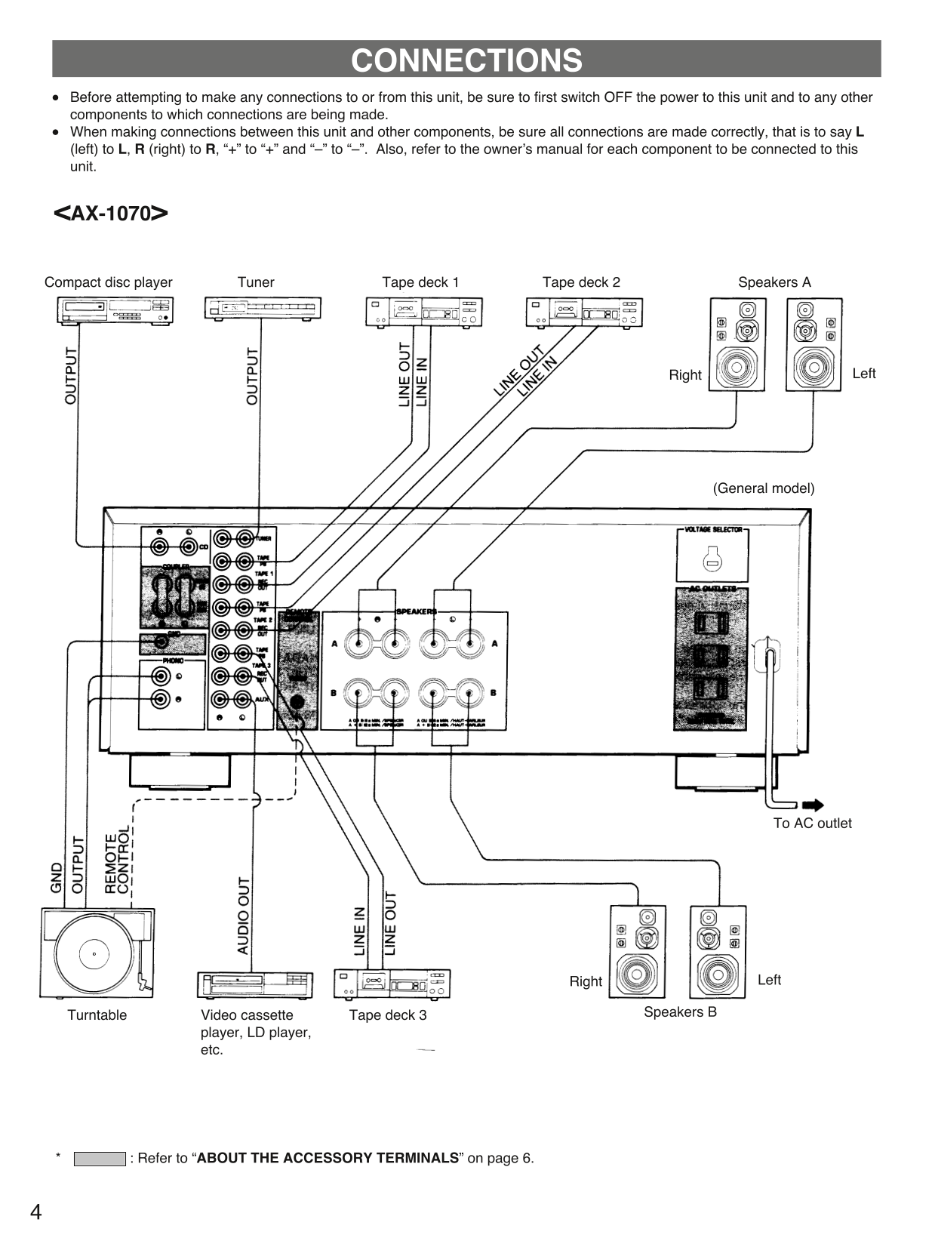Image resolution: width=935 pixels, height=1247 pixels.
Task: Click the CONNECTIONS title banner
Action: coord(466,60)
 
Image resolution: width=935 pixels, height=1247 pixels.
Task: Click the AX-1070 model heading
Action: coord(111,214)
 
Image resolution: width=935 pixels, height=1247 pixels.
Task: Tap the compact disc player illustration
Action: coord(115,310)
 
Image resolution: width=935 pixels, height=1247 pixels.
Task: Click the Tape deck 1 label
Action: coord(420,282)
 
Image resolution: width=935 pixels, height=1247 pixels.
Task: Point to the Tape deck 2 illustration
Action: coord(583,312)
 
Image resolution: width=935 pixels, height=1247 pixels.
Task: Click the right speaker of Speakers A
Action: coord(737,344)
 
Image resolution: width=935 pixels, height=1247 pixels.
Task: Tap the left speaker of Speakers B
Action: coord(717,952)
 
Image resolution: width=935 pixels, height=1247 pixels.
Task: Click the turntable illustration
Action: coord(97,953)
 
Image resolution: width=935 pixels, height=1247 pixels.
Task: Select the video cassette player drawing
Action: coord(254,985)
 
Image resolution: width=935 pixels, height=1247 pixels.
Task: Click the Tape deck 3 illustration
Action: coord(392,984)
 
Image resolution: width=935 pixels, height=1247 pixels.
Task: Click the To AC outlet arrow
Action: coord(813,805)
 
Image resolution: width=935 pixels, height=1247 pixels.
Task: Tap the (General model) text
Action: coord(763,488)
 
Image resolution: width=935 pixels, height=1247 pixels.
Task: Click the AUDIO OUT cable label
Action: coord(243,915)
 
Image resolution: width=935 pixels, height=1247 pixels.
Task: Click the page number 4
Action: coord(35,1212)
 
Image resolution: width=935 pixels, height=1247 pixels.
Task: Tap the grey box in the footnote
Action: coord(99,1159)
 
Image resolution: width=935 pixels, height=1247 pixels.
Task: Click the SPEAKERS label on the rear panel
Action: coord(416,611)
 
